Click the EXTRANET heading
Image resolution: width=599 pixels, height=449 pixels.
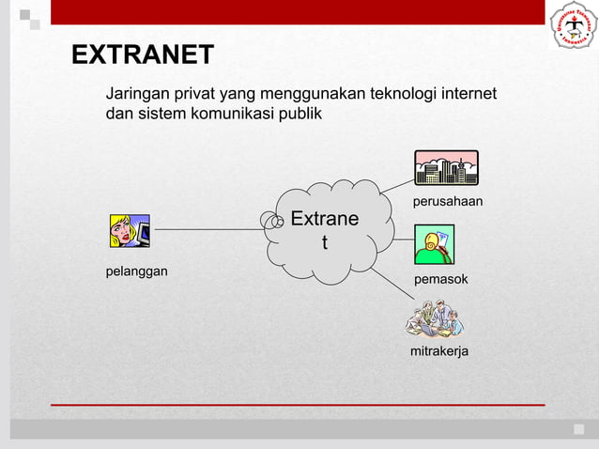coord(143,55)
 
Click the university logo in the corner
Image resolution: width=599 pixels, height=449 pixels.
coord(572,25)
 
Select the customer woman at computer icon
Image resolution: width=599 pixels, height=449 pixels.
coord(130,231)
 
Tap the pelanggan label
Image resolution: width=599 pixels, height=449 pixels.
coord(136,271)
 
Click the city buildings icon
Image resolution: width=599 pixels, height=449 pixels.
coord(446,168)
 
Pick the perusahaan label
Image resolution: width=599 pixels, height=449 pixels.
coord(448,202)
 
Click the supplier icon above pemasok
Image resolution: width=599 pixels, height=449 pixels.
coord(435,244)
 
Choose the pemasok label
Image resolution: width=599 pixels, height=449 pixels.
coord(441,280)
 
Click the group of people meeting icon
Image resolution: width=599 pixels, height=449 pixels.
coord(435,319)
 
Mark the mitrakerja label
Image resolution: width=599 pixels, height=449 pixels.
coord(439,351)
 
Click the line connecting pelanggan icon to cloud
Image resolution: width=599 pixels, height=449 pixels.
coord(207,229)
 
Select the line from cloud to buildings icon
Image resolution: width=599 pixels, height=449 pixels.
coord(396,185)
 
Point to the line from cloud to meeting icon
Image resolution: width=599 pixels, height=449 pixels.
coord(389,285)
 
